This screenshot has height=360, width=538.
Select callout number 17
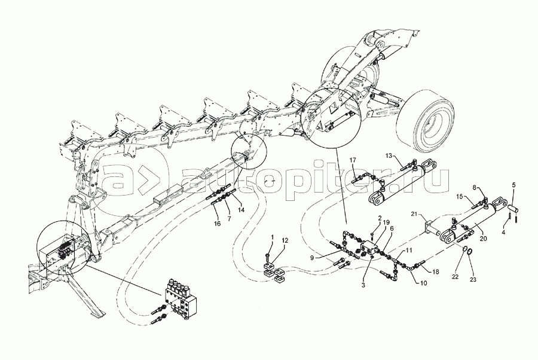point(353,160)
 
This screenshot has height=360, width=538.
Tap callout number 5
point(513,185)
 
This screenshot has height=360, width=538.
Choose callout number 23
point(473,279)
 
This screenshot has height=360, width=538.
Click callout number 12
point(286,240)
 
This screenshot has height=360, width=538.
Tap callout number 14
point(242,210)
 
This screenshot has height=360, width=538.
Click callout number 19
point(386,222)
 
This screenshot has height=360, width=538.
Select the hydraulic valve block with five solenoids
point(180,294)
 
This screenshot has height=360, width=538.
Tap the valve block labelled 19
point(369,247)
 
